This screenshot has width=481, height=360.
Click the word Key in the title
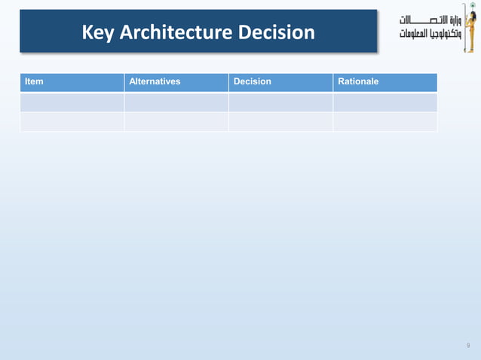click(98, 32)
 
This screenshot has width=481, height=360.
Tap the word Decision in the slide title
click(276, 32)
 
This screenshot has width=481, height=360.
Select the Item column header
click(34, 81)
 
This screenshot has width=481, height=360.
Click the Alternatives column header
click(155, 81)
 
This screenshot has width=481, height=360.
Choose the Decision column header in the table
click(253, 81)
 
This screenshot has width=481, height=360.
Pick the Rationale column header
click(358, 81)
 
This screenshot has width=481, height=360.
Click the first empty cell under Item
click(72, 102)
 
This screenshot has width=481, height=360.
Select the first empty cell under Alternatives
click(176, 102)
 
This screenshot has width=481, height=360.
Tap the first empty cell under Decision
click(280, 102)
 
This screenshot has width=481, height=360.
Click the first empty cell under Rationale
click(384, 102)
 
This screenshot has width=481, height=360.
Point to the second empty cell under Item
click(72, 122)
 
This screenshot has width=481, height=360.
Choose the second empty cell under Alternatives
click(176, 122)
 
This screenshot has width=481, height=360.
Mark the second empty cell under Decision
click(280, 122)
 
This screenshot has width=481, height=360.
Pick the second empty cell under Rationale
click(384, 122)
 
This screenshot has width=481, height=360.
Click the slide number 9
click(468, 346)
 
